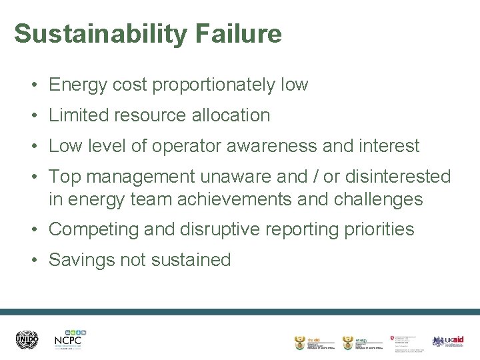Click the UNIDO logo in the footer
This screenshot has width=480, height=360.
(x=27, y=340)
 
